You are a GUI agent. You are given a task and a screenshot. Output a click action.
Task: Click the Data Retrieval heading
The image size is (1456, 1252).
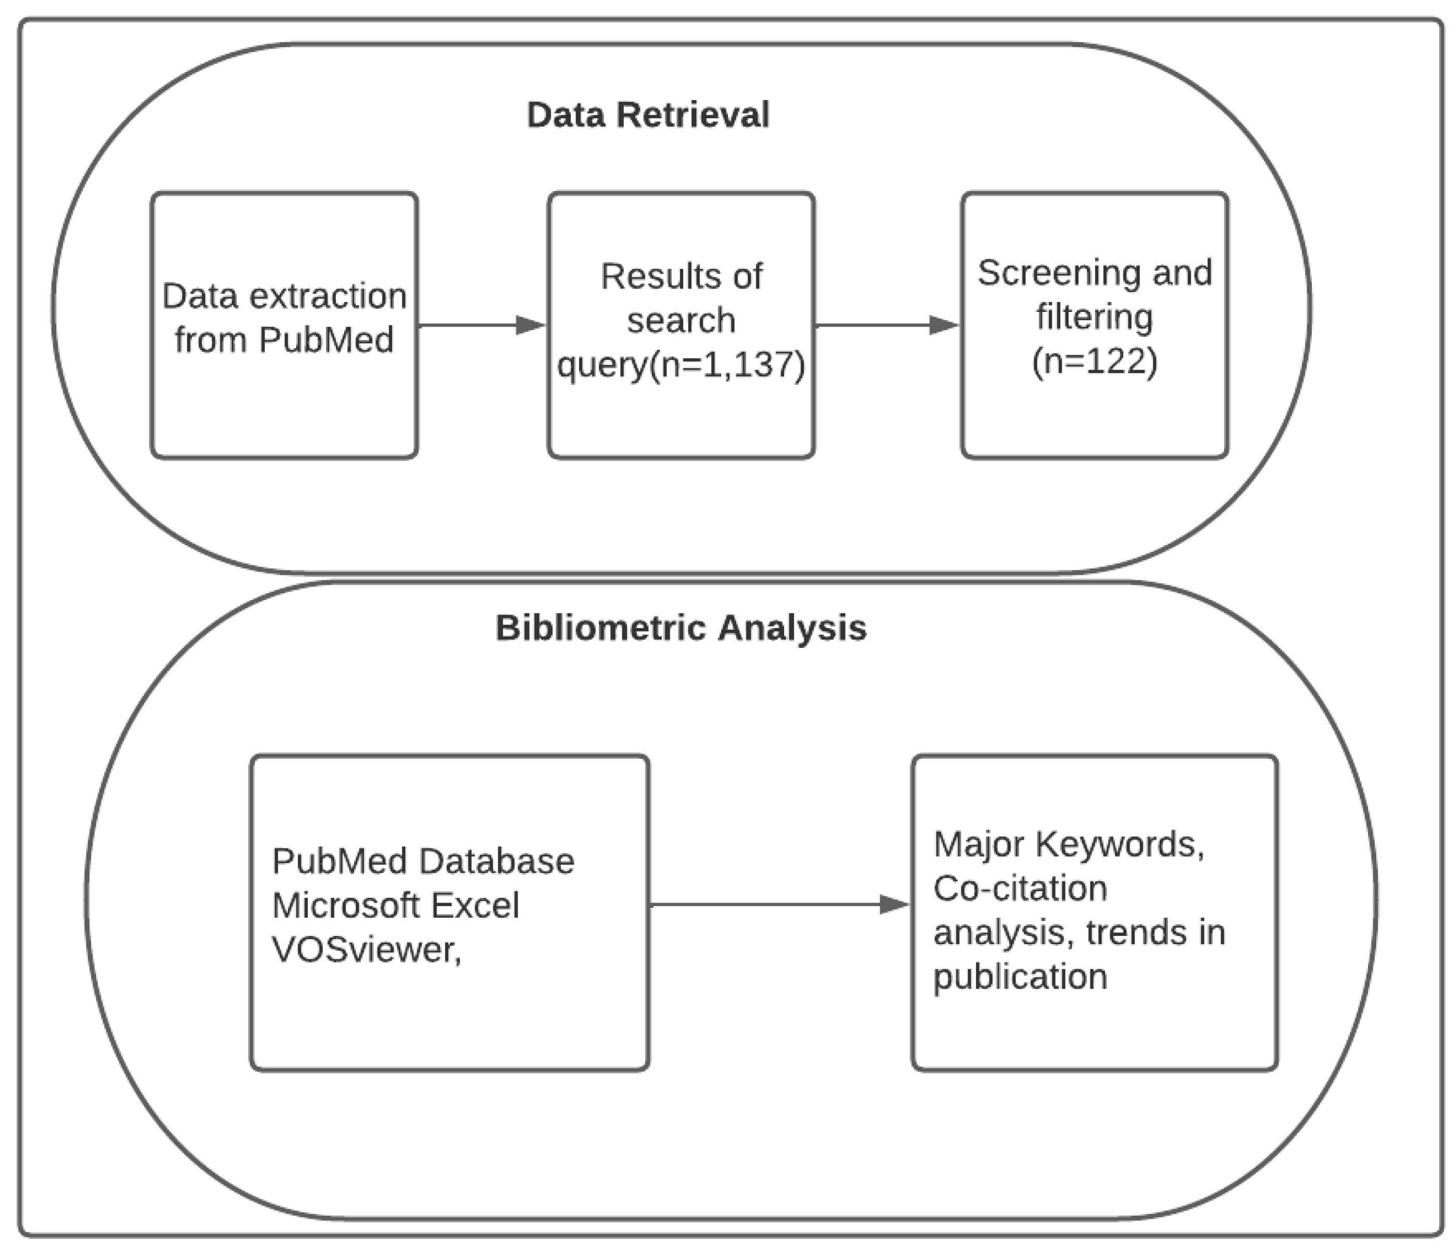pyautogui.click(x=647, y=115)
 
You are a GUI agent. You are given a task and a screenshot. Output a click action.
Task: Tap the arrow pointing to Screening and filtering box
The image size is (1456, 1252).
pyautogui.click(x=887, y=325)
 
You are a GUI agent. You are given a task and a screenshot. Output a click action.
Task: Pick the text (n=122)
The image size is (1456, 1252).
pyautogui.click(x=1094, y=361)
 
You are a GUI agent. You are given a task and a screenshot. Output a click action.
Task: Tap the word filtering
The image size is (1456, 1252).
pyautogui.click(x=1094, y=317)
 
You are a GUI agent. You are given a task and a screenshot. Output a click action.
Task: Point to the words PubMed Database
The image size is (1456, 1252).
pyautogui.click(x=422, y=861)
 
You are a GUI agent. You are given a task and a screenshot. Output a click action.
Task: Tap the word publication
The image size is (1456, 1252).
pyautogui.click(x=1020, y=976)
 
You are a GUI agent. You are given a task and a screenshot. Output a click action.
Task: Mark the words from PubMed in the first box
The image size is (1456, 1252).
pyautogui.click(x=284, y=340)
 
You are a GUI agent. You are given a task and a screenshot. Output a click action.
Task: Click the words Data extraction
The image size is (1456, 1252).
pyautogui.click(x=284, y=296)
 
